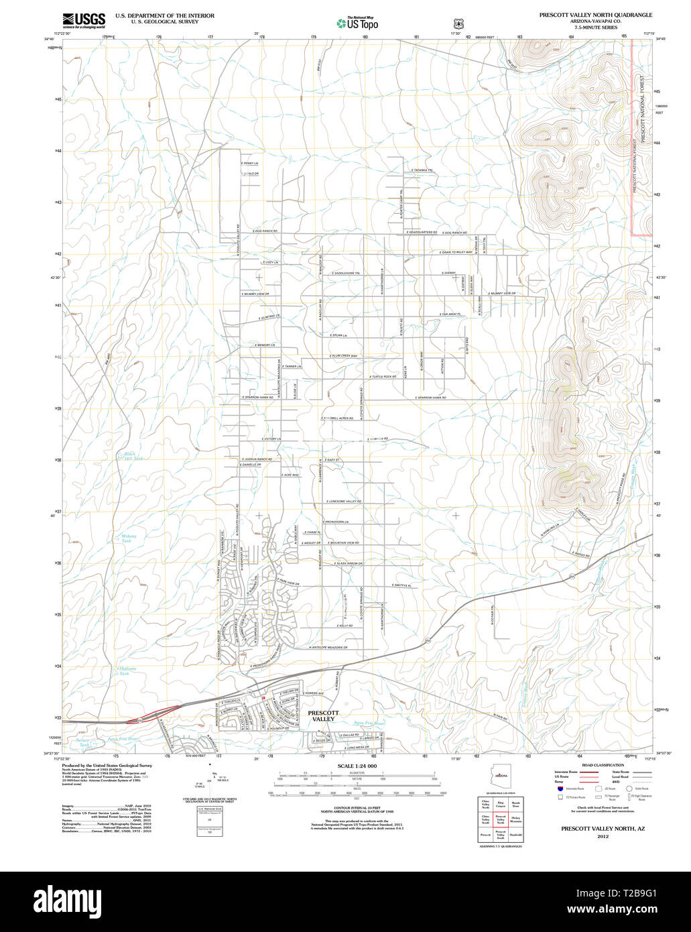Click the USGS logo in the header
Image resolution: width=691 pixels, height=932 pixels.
pos(83,20)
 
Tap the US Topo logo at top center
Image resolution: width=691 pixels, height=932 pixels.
pos(357,23)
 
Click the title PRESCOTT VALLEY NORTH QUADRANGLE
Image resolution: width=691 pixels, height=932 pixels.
pos(595,15)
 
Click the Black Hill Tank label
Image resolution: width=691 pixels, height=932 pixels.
pos(133,456)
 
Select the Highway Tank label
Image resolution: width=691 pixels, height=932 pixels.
pos(127,671)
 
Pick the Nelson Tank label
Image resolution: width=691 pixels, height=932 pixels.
pos(84,742)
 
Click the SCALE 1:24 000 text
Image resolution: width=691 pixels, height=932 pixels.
pos(357,766)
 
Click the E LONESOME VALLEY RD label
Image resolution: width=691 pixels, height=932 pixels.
pos(344,502)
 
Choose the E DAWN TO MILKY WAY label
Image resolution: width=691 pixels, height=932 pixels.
pos(447,252)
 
